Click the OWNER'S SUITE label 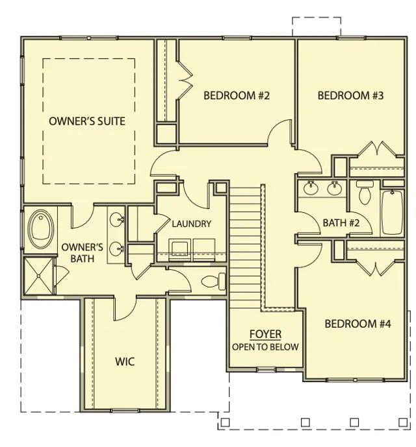click(87, 121)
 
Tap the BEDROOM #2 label click(237, 95)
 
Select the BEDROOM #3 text click(350, 95)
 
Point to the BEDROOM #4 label click(357, 324)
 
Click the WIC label click(125, 361)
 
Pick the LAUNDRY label click(192, 224)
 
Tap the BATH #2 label click(341, 223)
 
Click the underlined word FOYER click(265, 334)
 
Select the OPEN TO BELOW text click(265, 347)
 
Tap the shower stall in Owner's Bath click(38, 276)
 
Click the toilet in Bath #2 click(364, 192)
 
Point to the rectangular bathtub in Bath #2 click(393, 212)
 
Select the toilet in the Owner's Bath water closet click(213, 282)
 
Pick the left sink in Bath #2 click(311, 188)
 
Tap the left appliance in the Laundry click(180, 250)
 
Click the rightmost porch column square click(402, 422)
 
